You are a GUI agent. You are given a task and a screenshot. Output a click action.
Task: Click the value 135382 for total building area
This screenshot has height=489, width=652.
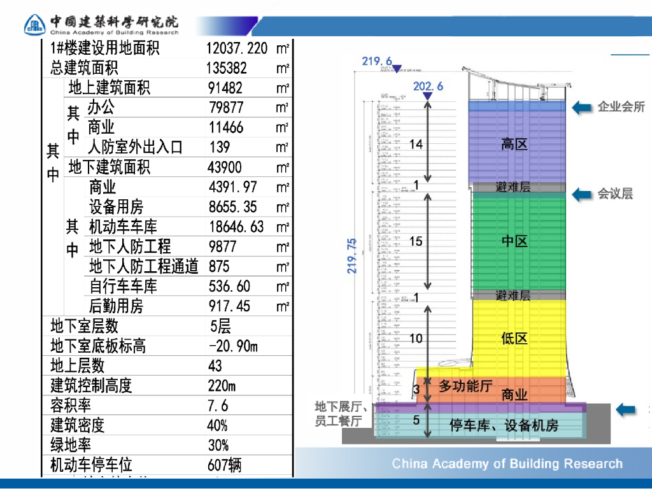[x=227, y=67]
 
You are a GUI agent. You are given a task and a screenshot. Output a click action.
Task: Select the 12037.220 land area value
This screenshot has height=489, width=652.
[x=237, y=48]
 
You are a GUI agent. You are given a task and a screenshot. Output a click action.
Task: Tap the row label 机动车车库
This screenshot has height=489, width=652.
[x=123, y=227]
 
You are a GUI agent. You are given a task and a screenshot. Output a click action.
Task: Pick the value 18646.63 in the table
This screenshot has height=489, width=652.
[x=236, y=227]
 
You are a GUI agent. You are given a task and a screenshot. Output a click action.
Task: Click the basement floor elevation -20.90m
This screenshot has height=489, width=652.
[x=233, y=346]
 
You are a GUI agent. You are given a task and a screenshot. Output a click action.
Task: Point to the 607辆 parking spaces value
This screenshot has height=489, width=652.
[x=225, y=465]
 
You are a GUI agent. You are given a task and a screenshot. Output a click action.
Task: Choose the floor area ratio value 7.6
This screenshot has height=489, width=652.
[x=218, y=406]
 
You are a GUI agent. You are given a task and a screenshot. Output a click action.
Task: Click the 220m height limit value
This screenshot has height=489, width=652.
[x=222, y=386]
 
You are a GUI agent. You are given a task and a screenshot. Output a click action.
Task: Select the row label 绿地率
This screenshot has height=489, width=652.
[x=71, y=445]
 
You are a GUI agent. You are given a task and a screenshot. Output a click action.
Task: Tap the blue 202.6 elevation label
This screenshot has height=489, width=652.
[x=428, y=86]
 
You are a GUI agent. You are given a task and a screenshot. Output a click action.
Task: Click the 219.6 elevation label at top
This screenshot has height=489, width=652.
[x=377, y=61]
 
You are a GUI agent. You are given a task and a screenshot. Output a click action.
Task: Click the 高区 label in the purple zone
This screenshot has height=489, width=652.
[x=514, y=145]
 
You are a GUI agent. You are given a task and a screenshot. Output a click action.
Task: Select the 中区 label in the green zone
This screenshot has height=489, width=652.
[x=514, y=241]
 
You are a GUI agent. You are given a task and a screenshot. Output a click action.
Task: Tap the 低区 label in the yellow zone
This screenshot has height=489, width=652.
[x=514, y=338]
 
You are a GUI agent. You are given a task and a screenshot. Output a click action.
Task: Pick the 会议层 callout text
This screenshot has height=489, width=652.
[x=615, y=194]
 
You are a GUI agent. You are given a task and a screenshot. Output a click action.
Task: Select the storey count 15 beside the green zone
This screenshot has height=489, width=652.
[x=416, y=241]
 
